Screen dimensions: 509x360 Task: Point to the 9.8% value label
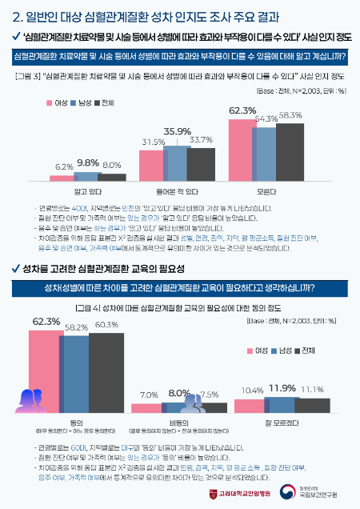[x=88, y=162]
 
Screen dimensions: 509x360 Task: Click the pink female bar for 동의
[x=46, y=359]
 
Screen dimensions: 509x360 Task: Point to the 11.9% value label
[x=282, y=387]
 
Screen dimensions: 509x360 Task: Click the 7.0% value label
[x=149, y=395]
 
